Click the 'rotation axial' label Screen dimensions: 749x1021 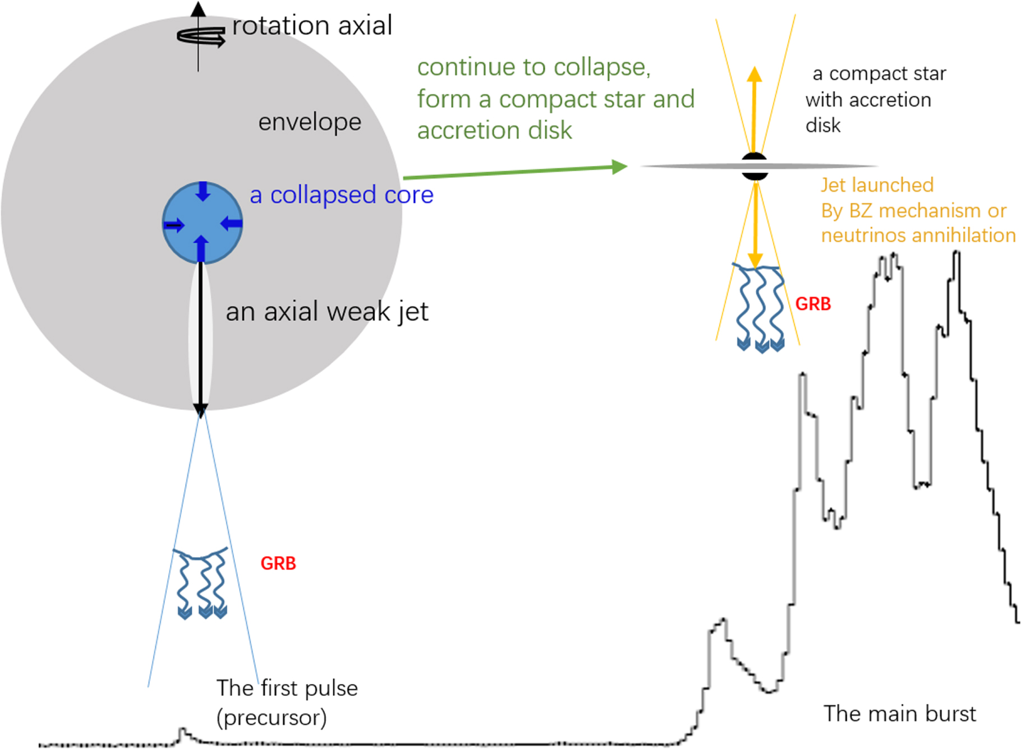click(x=312, y=26)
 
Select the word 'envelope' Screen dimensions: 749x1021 click(x=310, y=122)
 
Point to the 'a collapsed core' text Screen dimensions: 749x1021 click(x=342, y=195)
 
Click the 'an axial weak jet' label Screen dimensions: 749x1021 click(x=327, y=312)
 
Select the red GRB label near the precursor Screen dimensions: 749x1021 click(x=278, y=563)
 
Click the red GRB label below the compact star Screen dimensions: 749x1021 click(x=813, y=304)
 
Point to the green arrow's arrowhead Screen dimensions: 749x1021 click(x=619, y=167)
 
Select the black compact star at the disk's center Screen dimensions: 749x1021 click(x=755, y=166)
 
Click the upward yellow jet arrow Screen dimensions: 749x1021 click(x=755, y=107)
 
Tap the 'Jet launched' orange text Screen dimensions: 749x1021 click(x=877, y=185)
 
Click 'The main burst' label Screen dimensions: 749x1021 click(x=900, y=714)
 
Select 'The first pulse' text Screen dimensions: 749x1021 click(x=287, y=688)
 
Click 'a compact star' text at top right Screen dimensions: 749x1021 click(x=879, y=73)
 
